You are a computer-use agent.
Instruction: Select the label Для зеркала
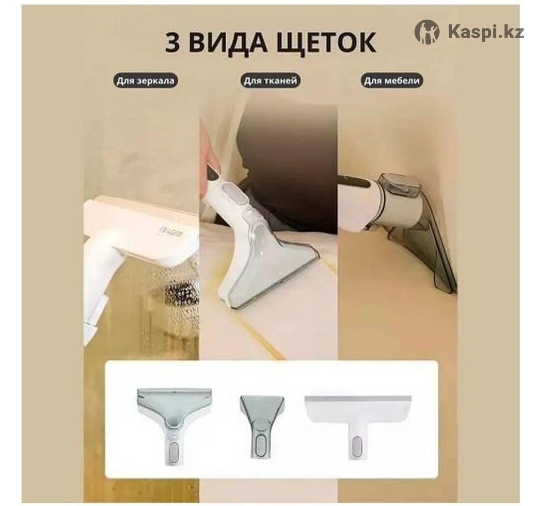coord(145,81)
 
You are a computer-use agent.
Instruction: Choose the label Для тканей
coord(270,81)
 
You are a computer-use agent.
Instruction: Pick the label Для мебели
coord(392,81)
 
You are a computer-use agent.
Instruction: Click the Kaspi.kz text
coord(486,32)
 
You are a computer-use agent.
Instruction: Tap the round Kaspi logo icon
coord(427,32)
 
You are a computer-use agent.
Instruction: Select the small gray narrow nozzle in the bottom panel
coord(261,428)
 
